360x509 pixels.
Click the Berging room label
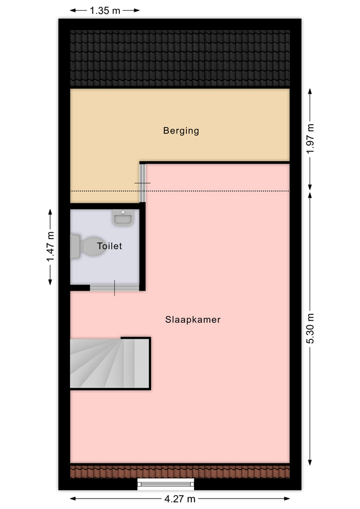181,131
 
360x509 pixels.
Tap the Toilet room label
109,246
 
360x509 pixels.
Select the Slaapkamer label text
193,320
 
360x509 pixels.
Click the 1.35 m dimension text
105,11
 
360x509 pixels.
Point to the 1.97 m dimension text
311,139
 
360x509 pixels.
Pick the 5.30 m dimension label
311,329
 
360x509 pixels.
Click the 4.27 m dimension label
180,498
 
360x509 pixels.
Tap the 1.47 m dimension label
50,247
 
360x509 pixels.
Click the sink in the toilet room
122,217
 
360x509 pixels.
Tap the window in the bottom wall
165,484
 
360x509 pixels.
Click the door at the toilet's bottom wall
115,287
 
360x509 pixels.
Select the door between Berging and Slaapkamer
143,183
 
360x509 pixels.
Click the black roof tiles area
180,58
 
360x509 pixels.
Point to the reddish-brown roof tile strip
180,472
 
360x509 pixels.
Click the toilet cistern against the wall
75,247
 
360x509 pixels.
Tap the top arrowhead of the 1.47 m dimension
50,212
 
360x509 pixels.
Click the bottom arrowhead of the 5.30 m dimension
310,462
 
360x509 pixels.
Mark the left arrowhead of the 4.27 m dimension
73,498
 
